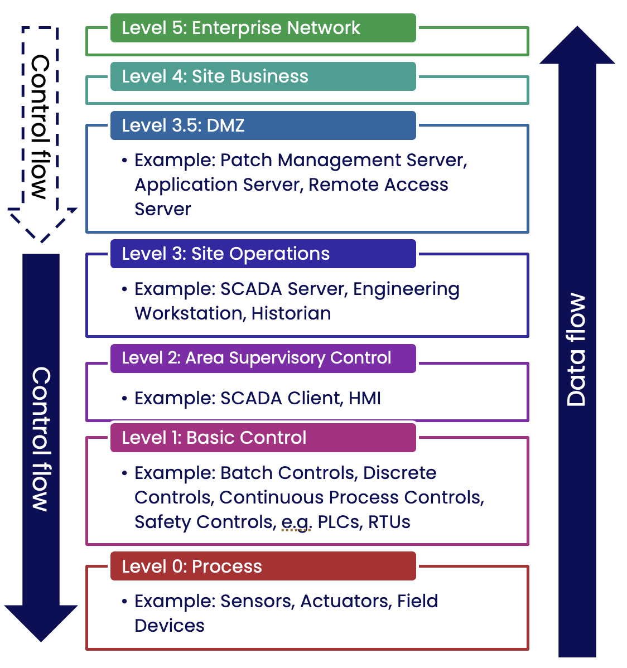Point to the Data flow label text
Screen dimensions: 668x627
(577, 350)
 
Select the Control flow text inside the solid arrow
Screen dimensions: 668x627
(41, 439)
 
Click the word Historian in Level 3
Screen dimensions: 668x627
(291, 313)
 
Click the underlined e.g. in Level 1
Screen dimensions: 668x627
(296, 522)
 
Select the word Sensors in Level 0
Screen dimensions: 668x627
(257, 601)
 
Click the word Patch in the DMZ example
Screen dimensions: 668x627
(247, 161)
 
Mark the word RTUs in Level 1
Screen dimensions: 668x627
(389, 522)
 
